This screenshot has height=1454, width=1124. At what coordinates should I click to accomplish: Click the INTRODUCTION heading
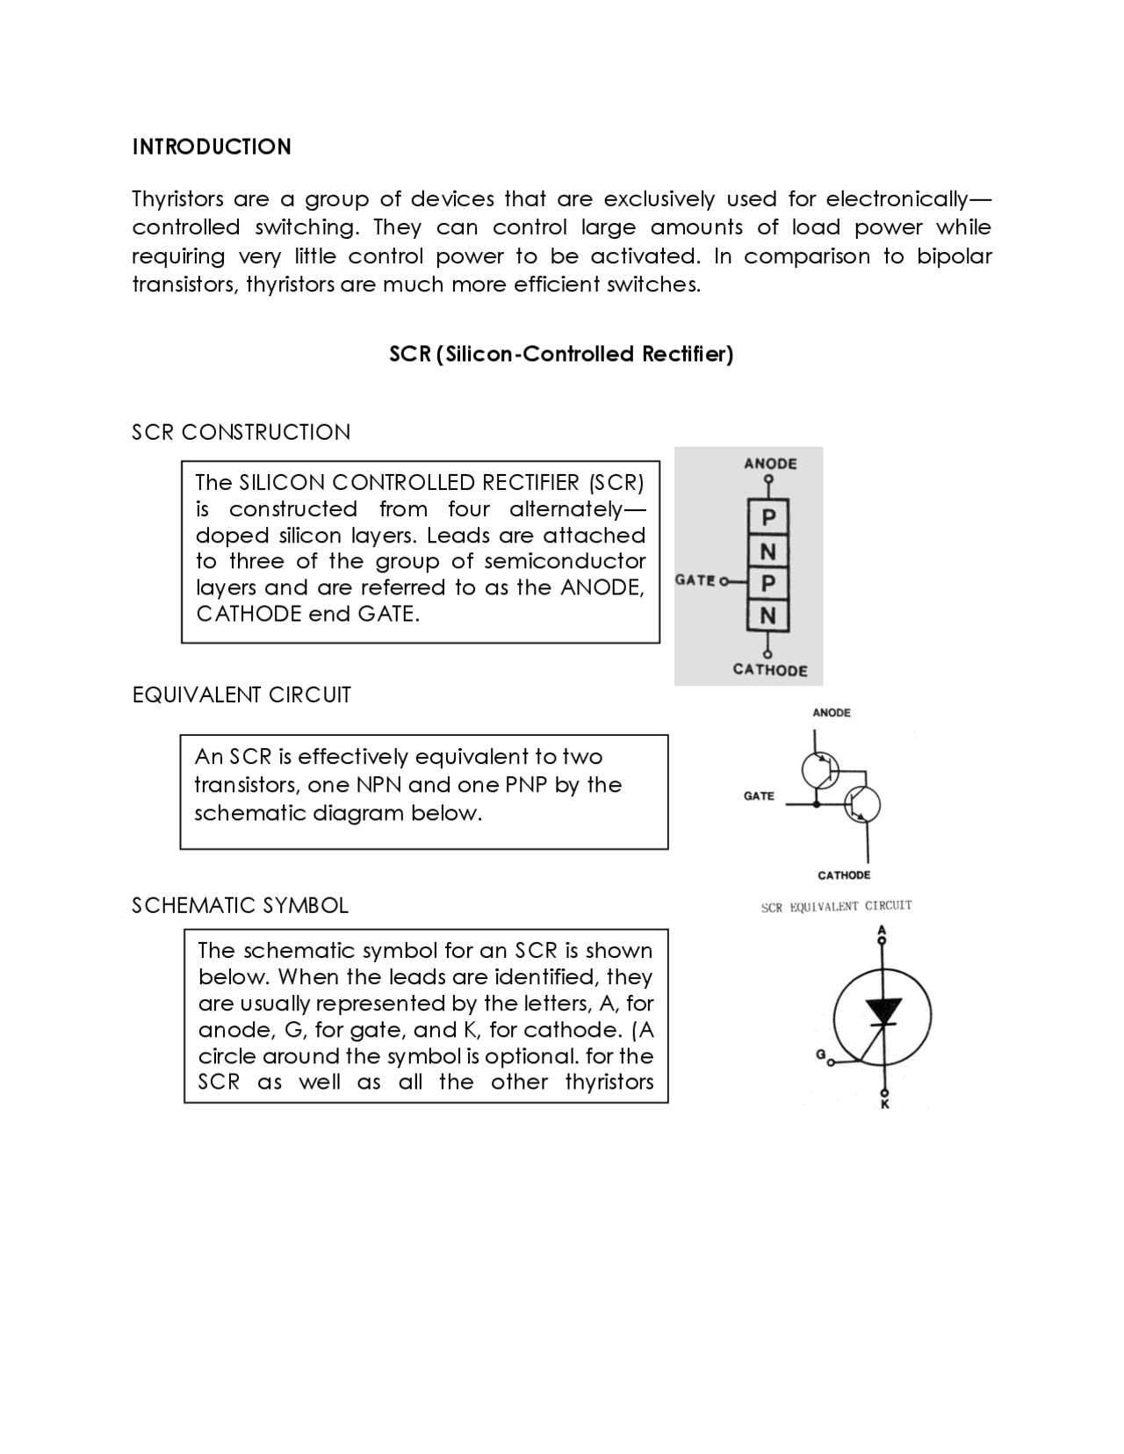pyautogui.click(x=212, y=147)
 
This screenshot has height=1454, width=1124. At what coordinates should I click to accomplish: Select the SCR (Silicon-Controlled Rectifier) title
pyautogui.click(x=561, y=354)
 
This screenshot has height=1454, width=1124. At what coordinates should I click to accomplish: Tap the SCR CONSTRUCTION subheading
pyautogui.click(x=241, y=432)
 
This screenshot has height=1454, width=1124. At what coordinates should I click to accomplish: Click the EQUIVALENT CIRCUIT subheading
pyautogui.click(x=241, y=695)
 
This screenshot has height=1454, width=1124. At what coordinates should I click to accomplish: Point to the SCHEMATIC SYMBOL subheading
pyautogui.click(x=240, y=905)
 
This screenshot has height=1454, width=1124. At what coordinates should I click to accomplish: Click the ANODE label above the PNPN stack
pyautogui.click(x=770, y=464)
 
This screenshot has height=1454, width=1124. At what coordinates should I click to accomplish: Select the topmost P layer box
pyautogui.click(x=768, y=518)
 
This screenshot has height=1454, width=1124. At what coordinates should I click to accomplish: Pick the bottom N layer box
pyautogui.click(x=768, y=616)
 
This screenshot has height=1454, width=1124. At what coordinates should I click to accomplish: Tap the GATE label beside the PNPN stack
pyautogui.click(x=695, y=580)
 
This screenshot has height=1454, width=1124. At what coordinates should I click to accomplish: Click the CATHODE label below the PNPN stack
pyautogui.click(x=770, y=670)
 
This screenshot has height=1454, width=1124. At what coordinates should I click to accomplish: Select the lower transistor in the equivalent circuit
pyautogui.click(x=861, y=804)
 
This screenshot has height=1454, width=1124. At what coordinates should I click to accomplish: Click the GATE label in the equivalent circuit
pyautogui.click(x=759, y=796)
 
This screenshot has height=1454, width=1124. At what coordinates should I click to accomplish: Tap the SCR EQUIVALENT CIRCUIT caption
pyautogui.click(x=836, y=906)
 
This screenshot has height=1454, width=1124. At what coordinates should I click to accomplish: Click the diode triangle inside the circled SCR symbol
pyautogui.click(x=883, y=1011)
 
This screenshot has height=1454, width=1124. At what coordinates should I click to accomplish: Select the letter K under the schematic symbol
pyautogui.click(x=884, y=1105)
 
